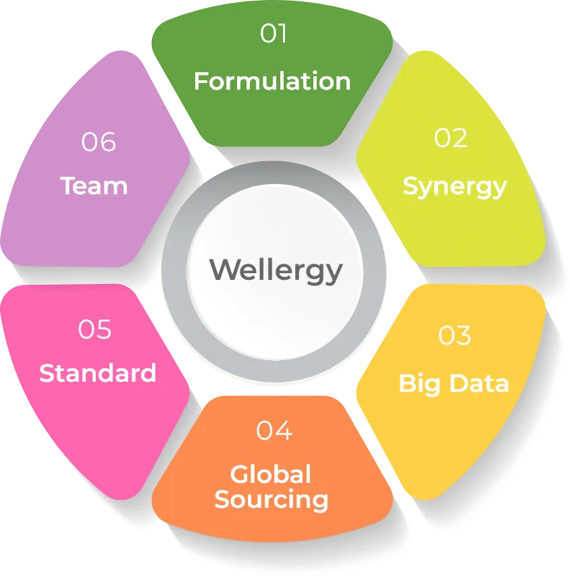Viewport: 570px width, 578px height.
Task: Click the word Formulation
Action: pyautogui.click(x=272, y=82)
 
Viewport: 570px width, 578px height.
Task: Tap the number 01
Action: pyautogui.click(x=274, y=34)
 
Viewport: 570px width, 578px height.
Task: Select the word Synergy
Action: pyautogui.click(x=455, y=185)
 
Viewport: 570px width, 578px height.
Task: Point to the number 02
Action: pyautogui.click(x=451, y=138)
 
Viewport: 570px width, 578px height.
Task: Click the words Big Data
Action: pyautogui.click(x=454, y=383)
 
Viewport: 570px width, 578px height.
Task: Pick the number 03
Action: pyautogui.click(x=455, y=335)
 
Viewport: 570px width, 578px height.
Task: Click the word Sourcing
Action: pyautogui.click(x=271, y=500)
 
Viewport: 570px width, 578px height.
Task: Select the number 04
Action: pyautogui.click(x=274, y=430)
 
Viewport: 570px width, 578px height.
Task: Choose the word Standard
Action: pyautogui.click(x=98, y=373)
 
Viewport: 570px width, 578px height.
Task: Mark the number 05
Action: pyautogui.click(x=95, y=330)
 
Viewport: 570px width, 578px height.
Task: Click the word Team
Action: pyautogui.click(x=94, y=185)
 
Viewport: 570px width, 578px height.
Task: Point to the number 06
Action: pyautogui.click(x=99, y=142)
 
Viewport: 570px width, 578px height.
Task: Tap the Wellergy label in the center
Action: pyautogui.click(x=276, y=270)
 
